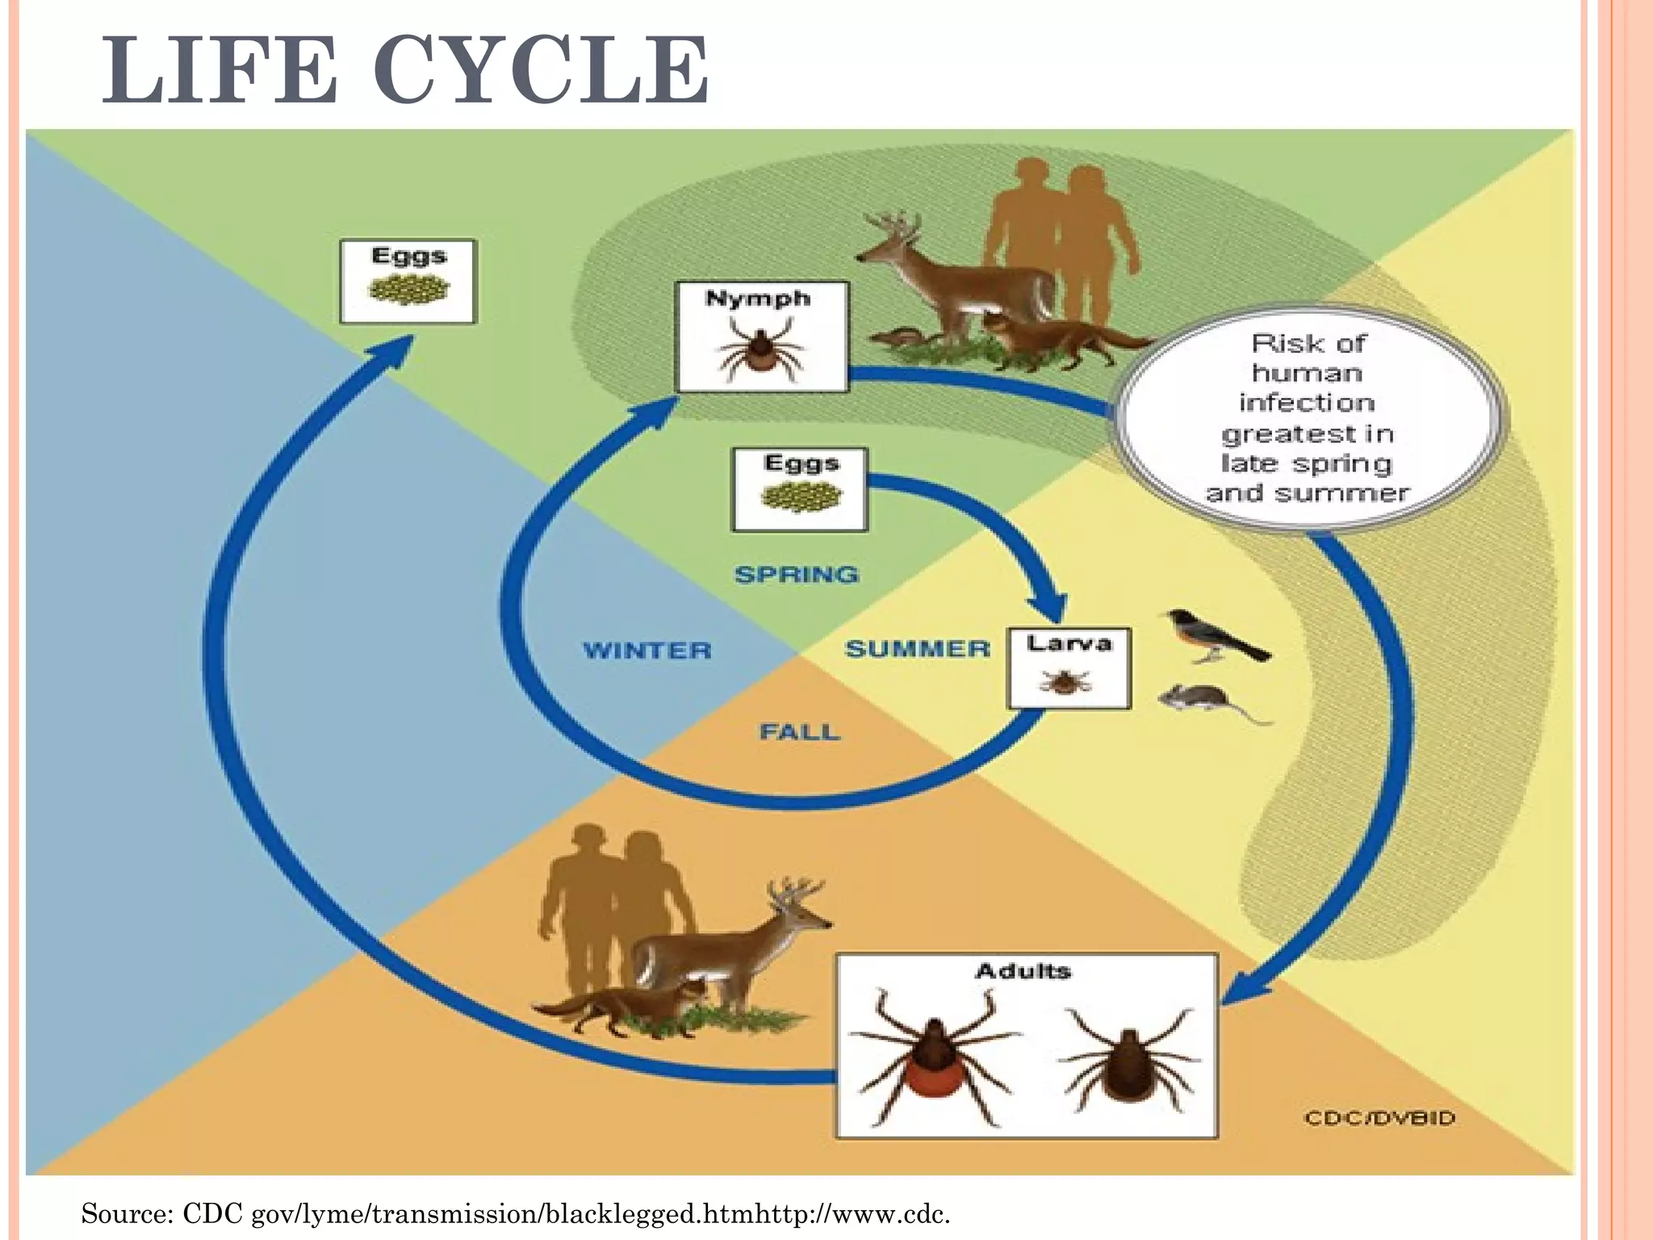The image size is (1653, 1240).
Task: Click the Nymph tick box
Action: pos(762,337)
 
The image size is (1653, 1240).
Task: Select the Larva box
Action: pos(1069,668)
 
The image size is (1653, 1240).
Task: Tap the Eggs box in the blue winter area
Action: pos(408,281)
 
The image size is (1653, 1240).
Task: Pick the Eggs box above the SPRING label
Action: pos(800,489)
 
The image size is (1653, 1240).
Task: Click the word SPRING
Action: pos(797,575)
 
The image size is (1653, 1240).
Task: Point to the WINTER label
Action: pos(647,650)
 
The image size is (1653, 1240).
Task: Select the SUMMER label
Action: pos(918,648)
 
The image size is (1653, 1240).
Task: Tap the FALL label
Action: pos(799,732)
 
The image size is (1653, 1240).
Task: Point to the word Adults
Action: pos(1023,970)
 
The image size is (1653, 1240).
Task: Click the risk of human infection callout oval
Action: pos(1308,418)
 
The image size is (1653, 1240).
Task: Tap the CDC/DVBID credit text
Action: pos(1379,1118)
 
